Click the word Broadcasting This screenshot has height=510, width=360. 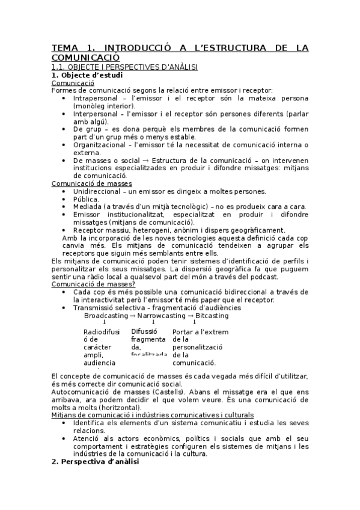(x=106, y=316)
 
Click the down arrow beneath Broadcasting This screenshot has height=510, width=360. (x=105, y=323)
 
